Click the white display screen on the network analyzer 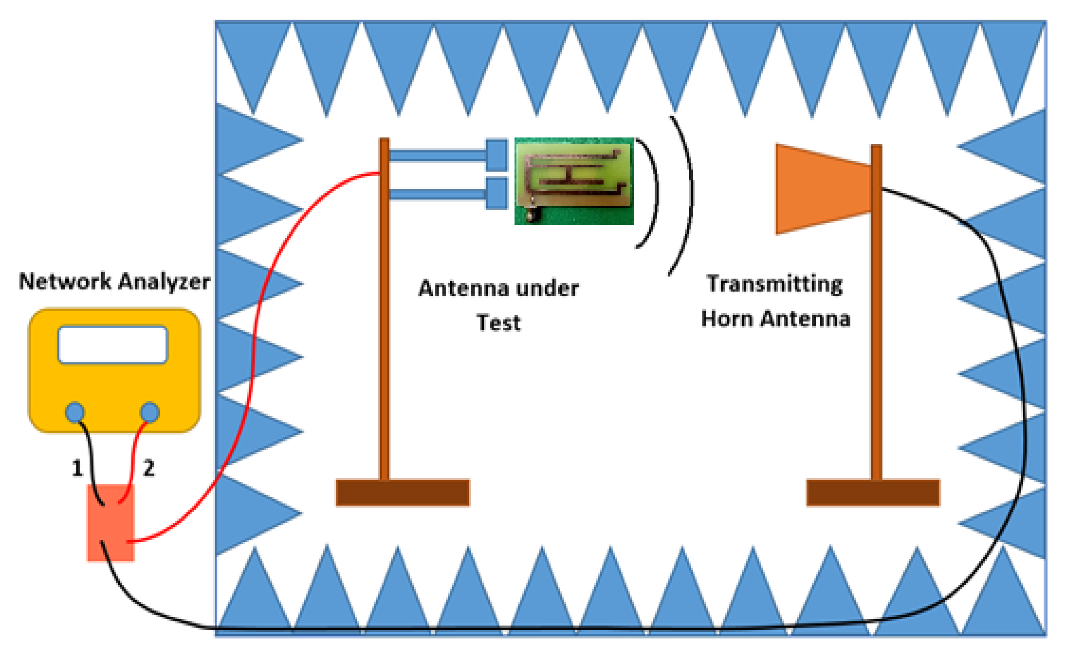(x=112, y=344)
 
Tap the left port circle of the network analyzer (x=75, y=412)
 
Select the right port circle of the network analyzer (x=150, y=412)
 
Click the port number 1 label (x=77, y=468)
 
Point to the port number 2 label (x=149, y=468)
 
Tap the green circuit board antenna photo (x=574, y=182)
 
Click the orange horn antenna (x=821, y=189)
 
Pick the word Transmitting (x=775, y=284)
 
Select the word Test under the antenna (x=499, y=323)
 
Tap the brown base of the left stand (x=403, y=492)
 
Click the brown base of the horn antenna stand (x=873, y=492)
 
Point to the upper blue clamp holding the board (x=497, y=155)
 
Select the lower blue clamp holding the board (x=497, y=194)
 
